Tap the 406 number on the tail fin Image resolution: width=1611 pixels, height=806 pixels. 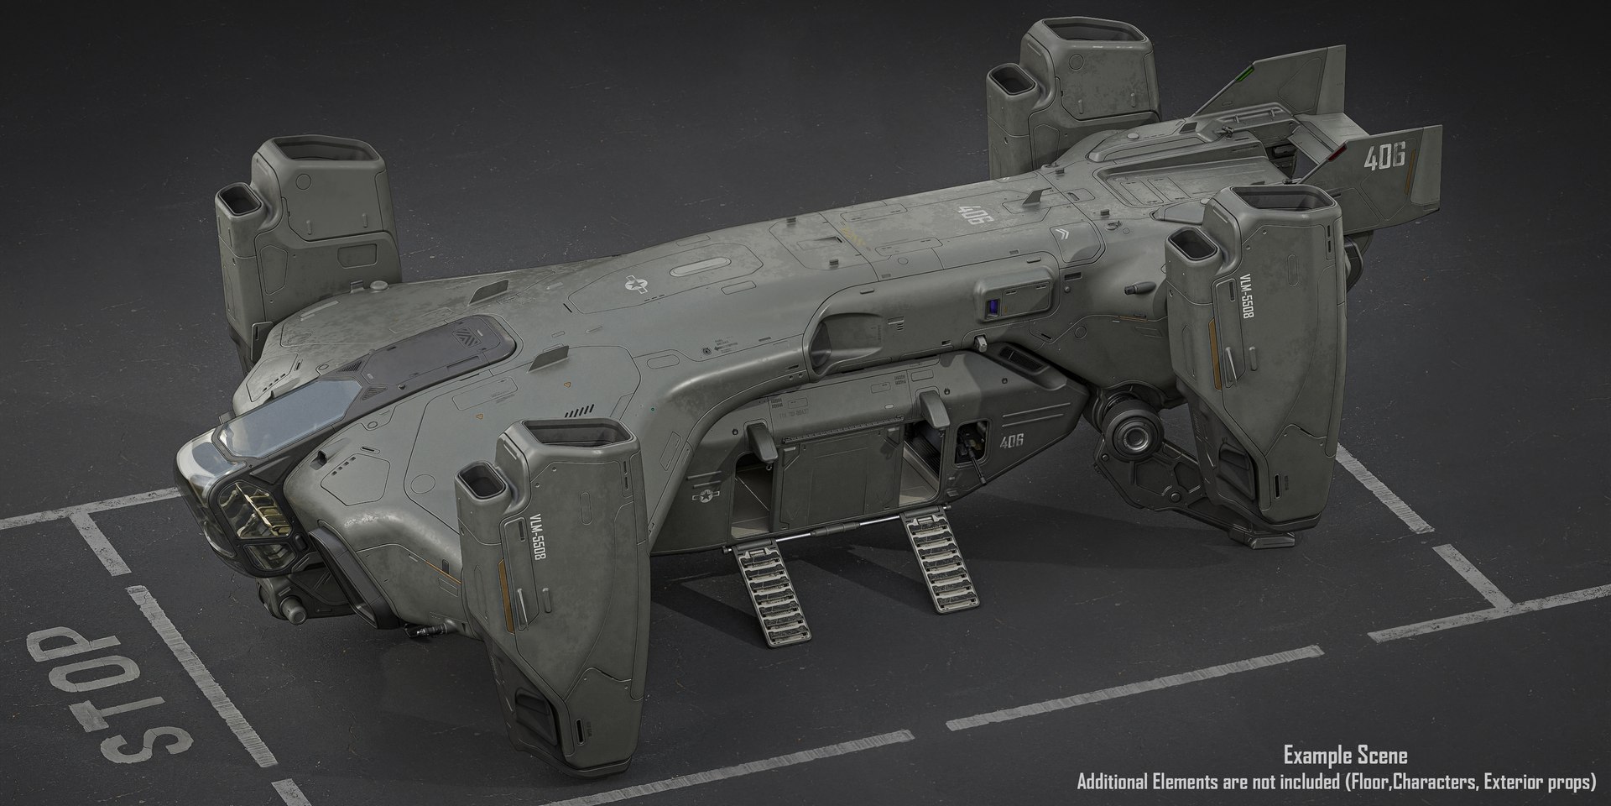click(1385, 156)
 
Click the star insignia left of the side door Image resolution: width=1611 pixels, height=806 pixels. click(703, 497)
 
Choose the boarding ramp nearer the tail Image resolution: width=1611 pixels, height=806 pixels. click(940, 557)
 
